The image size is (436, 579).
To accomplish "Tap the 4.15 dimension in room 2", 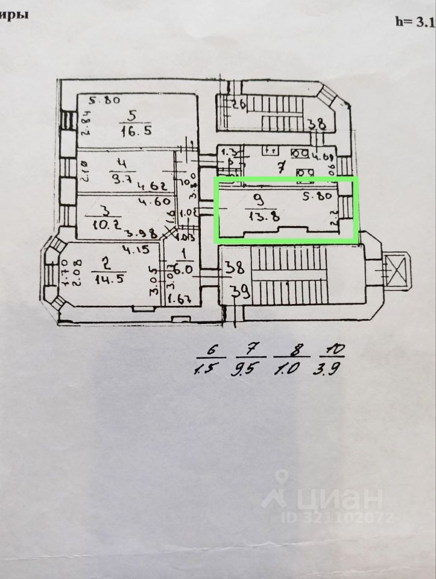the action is (136, 248).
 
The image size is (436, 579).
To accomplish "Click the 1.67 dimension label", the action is (180, 299).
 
